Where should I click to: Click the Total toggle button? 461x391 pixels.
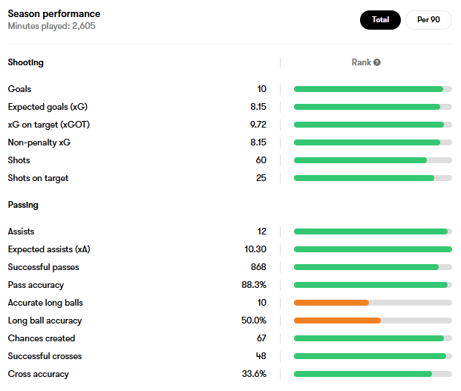[x=380, y=20]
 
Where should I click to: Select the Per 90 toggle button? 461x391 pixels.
[x=428, y=20]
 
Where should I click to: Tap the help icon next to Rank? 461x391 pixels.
[x=377, y=62]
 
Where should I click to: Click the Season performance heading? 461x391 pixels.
[x=54, y=14]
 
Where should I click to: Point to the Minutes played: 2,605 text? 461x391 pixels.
[x=51, y=26]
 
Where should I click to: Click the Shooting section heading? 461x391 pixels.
[x=26, y=62]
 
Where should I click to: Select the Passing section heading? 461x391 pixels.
[x=23, y=205]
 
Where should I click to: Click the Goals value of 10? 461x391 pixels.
[x=261, y=89]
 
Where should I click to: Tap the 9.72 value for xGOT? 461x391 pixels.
[x=258, y=125]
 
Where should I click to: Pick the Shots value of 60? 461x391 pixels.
[x=261, y=160]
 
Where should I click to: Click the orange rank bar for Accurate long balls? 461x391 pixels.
[x=331, y=303]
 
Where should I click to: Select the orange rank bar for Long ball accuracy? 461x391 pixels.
[x=337, y=321]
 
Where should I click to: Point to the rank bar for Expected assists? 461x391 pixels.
[x=373, y=249]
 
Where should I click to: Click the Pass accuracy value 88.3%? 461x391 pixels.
[x=254, y=285]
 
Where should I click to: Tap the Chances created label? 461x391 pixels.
[x=42, y=338]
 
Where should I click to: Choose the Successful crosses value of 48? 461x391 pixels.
[x=261, y=356]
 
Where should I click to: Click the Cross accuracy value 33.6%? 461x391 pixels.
[x=254, y=374]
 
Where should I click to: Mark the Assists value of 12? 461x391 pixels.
[x=261, y=231]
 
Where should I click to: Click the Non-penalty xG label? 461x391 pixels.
[x=39, y=142]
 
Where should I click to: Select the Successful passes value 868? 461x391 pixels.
[x=258, y=267]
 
